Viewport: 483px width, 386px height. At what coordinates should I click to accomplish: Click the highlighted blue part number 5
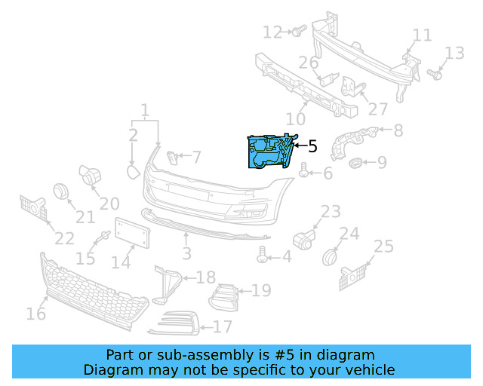pyautogui.click(x=269, y=152)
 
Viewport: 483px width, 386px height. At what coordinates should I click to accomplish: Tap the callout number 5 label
pyautogui.click(x=312, y=146)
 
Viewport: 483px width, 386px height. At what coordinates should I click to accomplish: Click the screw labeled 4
pyautogui.click(x=263, y=257)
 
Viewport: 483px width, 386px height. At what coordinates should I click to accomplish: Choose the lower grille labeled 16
pyautogui.click(x=94, y=293)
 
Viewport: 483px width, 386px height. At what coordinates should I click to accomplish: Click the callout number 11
pyautogui.click(x=422, y=35)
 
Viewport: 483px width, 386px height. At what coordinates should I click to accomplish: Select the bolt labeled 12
pyautogui.click(x=297, y=31)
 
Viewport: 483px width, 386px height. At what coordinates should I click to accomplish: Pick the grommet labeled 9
pyautogui.click(x=354, y=162)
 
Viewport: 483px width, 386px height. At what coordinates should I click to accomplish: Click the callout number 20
pyautogui.click(x=109, y=204)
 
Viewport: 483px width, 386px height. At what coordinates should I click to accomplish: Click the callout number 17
pyautogui.click(x=222, y=327)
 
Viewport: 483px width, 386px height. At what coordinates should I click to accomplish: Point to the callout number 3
pyautogui.click(x=186, y=254)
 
